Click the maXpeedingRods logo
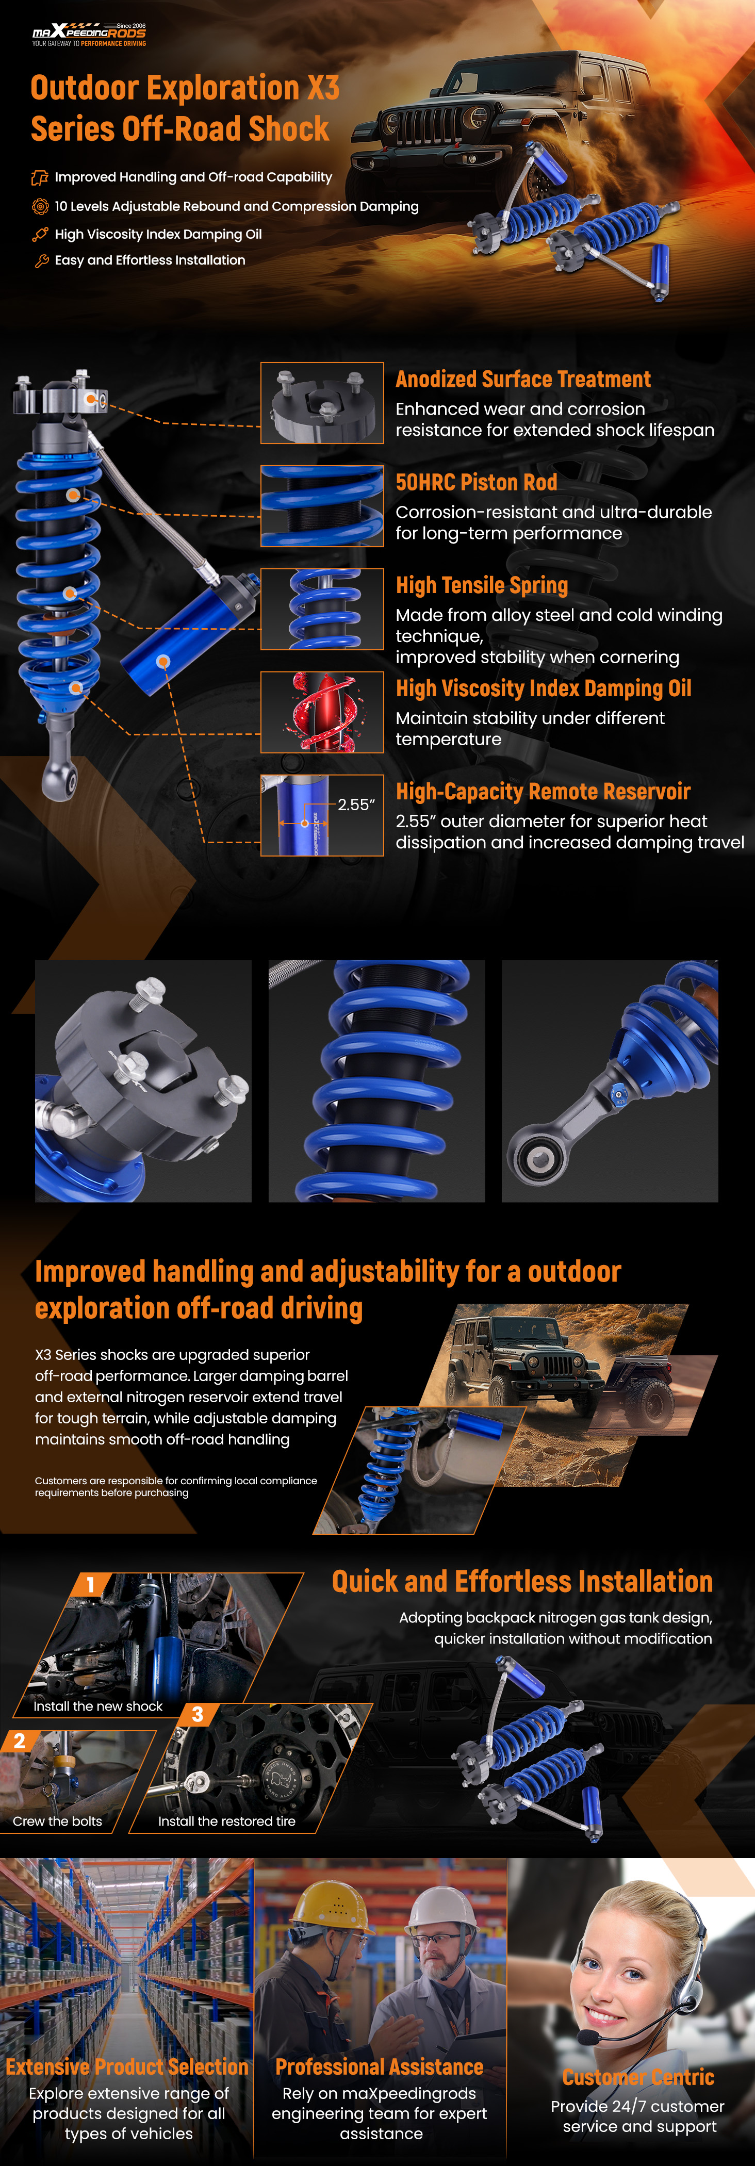(x=89, y=35)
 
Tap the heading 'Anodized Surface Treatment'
(x=523, y=379)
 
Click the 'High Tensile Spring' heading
(x=482, y=585)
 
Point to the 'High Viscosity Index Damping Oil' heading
(x=543, y=688)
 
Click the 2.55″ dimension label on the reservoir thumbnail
(x=356, y=805)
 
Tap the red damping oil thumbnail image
(x=322, y=712)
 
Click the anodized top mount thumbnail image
(x=322, y=403)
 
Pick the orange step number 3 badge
(x=198, y=1714)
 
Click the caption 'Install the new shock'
(x=99, y=1706)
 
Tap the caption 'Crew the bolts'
(x=57, y=1822)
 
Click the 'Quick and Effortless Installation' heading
(x=522, y=1582)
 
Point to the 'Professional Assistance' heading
(x=379, y=2067)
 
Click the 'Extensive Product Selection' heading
(x=127, y=2067)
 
